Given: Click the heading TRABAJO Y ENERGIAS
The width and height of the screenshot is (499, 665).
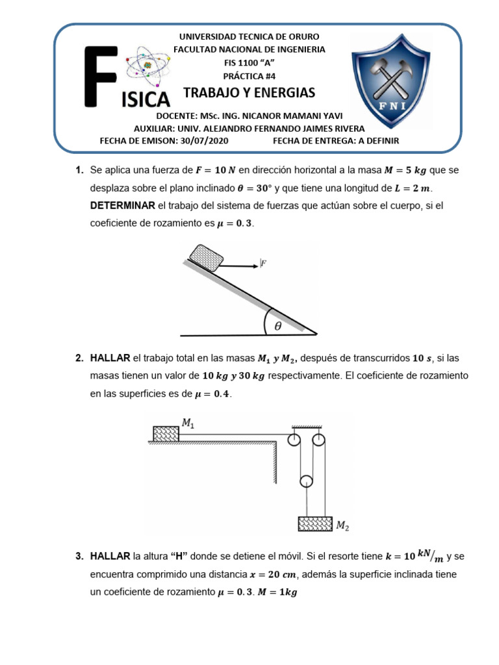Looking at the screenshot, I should click(x=249, y=92).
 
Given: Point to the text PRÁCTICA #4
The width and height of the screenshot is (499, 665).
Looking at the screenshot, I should click(x=249, y=75).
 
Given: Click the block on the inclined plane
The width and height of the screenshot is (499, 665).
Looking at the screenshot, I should click(x=205, y=255).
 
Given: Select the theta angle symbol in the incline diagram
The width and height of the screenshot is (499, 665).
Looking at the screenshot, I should click(x=278, y=327).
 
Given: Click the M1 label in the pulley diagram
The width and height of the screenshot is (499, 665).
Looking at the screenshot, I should click(x=188, y=423).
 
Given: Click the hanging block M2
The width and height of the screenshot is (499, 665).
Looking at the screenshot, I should click(x=315, y=523).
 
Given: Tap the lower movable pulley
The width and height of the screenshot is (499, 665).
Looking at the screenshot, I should click(x=307, y=481).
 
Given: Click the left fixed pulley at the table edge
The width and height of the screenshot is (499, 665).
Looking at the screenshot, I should click(x=294, y=440).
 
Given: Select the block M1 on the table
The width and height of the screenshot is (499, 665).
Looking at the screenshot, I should click(x=166, y=433).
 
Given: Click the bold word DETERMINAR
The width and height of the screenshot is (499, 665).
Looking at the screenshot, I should click(x=123, y=206).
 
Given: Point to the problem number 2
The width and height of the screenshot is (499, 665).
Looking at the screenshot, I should click(x=79, y=358).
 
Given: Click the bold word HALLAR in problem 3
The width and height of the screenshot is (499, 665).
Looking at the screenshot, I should click(x=110, y=556).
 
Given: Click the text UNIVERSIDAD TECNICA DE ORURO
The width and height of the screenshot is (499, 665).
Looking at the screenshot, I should click(x=249, y=37).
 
